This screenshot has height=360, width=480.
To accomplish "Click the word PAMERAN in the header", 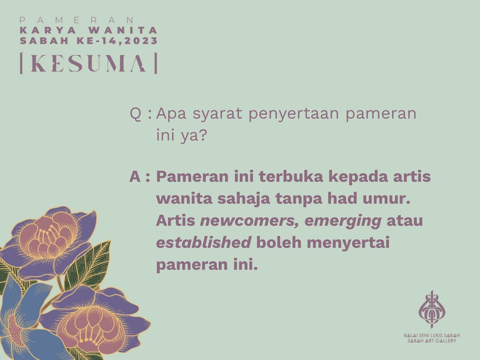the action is point(76,20).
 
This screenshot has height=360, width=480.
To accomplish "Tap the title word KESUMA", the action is point(88,63).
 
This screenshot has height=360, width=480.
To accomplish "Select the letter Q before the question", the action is point(136,114).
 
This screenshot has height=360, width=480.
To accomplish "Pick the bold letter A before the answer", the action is point(135,177).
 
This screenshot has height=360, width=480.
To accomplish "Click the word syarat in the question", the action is point(217,114).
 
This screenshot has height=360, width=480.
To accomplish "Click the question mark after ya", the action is point(203,135).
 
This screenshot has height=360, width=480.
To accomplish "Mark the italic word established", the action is point(204,243).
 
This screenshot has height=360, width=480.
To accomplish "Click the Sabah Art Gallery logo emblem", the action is point(432,310).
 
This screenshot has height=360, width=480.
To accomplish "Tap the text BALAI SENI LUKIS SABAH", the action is point(432,336).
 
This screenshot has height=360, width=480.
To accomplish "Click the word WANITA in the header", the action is point(123,31).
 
